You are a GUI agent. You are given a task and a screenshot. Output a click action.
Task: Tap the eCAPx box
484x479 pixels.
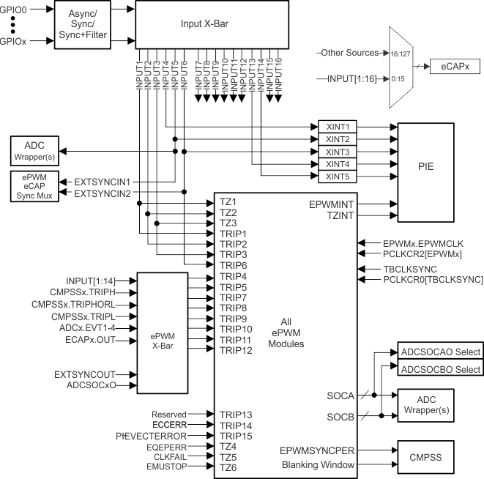pos(455,67)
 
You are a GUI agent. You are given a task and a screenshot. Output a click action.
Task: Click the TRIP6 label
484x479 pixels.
pos(234,264)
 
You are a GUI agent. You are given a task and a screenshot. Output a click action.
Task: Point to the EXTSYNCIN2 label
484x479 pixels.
pos(103,193)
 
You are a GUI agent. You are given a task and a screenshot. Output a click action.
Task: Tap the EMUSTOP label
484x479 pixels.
pos(168,467)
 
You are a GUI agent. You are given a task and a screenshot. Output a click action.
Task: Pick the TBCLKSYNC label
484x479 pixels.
pos(410,269)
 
